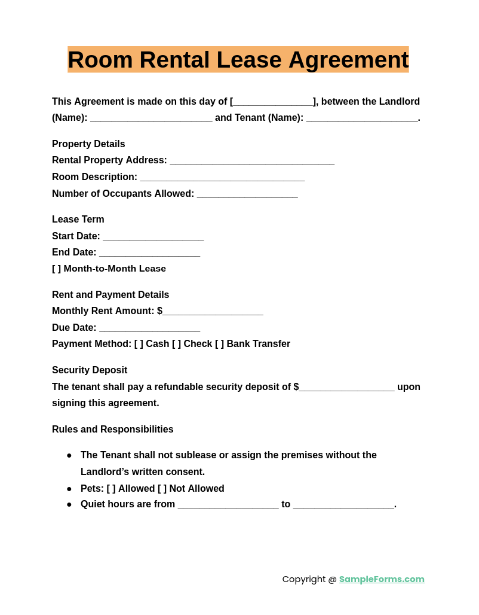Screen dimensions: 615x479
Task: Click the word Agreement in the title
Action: [348, 60]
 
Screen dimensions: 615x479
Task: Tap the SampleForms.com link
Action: [382, 579]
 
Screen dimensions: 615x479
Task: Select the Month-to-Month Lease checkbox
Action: [56, 269]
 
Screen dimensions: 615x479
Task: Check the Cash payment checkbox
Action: [139, 344]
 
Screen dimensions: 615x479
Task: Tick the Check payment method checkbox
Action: [176, 344]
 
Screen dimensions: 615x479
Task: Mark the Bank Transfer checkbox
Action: [219, 344]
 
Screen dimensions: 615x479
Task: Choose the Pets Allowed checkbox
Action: [111, 489]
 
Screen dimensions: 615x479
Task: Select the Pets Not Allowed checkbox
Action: [162, 489]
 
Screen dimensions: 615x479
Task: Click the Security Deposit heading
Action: [90, 370]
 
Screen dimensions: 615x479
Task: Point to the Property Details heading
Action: [88, 144]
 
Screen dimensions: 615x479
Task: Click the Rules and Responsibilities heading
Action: [112, 430]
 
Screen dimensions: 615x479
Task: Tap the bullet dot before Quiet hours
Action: [69, 504]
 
